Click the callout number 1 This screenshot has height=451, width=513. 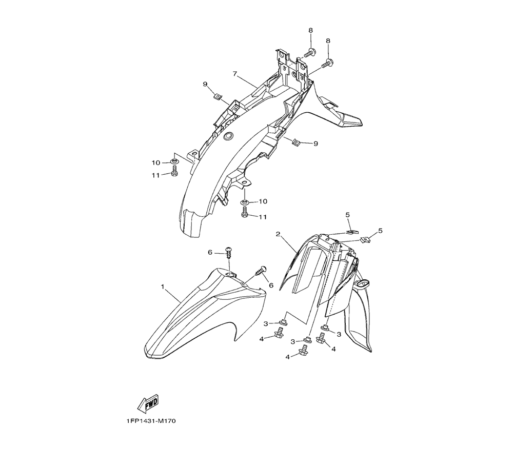click(x=163, y=286)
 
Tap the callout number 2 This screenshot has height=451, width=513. click(x=278, y=234)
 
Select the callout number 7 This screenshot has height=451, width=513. click(x=234, y=74)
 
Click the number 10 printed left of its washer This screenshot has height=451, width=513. click(x=156, y=163)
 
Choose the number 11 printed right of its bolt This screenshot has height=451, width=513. click(x=263, y=217)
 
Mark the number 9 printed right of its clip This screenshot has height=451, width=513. click(x=315, y=143)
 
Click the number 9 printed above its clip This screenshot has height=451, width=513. click(x=205, y=85)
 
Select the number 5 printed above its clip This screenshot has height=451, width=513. click(x=347, y=215)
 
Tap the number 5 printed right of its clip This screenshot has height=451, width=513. click(x=380, y=231)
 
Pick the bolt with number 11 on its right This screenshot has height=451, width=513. click(x=244, y=213)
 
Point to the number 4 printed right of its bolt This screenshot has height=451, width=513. click(x=333, y=350)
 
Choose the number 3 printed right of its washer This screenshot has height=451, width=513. click(x=339, y=334)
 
